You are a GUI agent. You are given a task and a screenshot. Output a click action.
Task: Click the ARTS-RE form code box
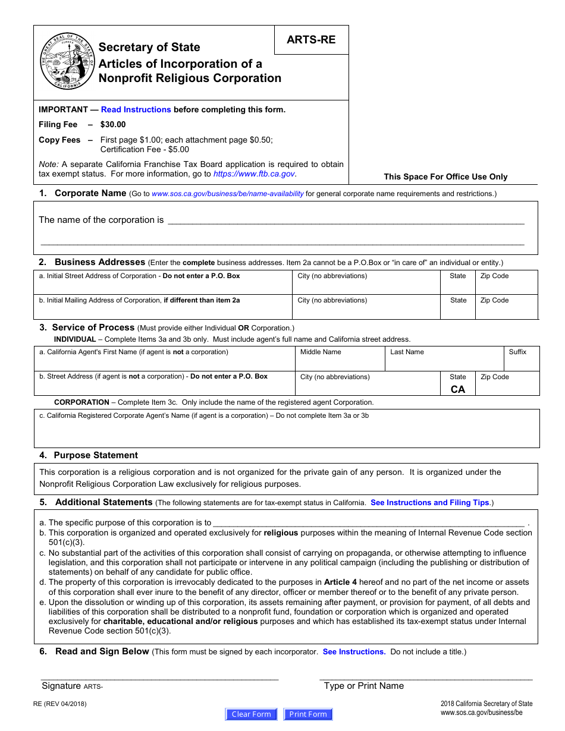click(x=311, y=40)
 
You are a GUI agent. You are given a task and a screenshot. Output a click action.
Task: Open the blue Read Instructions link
click(x=136, y=109)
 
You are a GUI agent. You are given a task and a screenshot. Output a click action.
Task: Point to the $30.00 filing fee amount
click(x=113, y=124)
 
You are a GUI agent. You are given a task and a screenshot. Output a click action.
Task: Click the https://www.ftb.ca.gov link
click(x=254, y=174)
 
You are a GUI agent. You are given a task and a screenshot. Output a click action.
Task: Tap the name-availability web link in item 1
click(x=228, y=194)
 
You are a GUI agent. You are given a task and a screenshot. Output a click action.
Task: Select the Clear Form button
click(x=251, y=714)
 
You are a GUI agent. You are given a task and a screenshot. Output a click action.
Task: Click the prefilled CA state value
click(x=458, y=389)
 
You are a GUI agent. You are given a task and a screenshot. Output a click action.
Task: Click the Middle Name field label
click(x=321, y=352)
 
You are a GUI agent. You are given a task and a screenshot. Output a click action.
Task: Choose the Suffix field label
click(x=517, y=352)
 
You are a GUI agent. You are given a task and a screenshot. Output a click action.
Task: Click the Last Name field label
click(x=407, y=352)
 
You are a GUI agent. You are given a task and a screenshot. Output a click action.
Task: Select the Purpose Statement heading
click(x=95, y=455)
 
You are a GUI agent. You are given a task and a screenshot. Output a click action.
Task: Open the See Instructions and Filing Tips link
click(x=429, y=503)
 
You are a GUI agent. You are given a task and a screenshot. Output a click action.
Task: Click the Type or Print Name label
click(x=363, y=686)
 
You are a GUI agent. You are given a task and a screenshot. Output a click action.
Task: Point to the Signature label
click(x=61, y=686)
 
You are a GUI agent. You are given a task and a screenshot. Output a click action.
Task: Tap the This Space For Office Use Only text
click(x=445, y=177)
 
